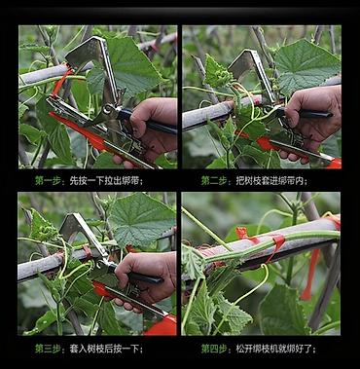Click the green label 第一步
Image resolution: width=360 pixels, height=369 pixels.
tap(48, 180)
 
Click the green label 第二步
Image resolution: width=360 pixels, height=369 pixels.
tap(214, 180)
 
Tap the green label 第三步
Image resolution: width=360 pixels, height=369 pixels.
tap(48, 349)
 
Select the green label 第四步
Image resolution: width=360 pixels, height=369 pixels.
tap(214, 349)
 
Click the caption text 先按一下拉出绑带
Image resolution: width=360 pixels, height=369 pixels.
tap(105, 180)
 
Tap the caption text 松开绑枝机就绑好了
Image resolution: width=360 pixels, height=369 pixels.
tap(274, 349)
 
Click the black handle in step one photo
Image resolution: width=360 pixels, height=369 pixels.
tap(149, 122)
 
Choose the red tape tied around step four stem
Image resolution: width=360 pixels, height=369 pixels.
tap(275, 245)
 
